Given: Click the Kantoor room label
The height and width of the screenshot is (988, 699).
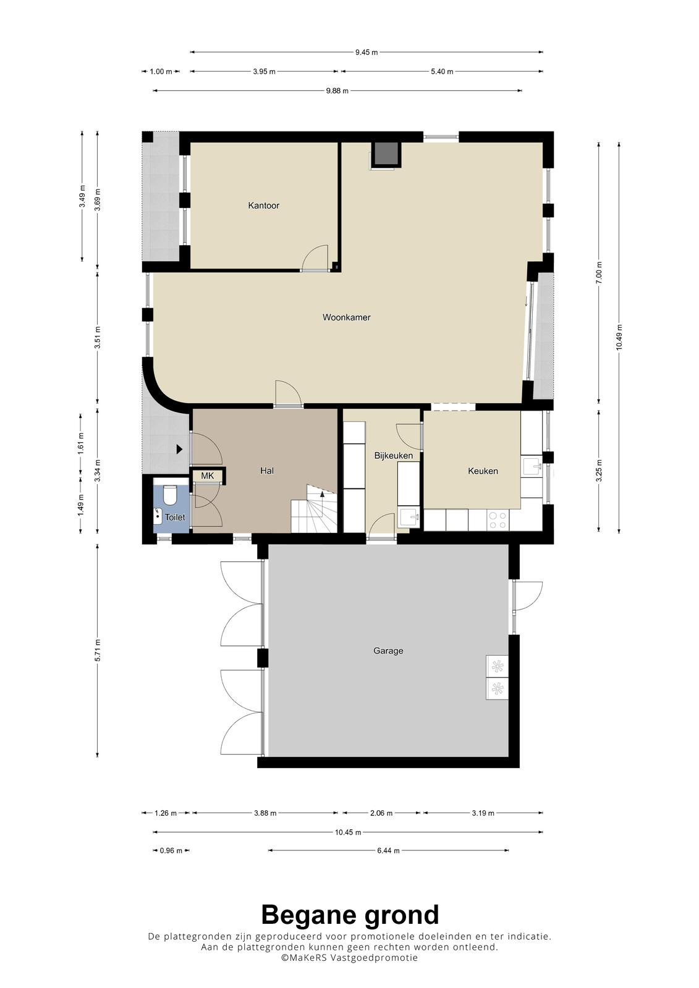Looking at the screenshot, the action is tap(263, 206).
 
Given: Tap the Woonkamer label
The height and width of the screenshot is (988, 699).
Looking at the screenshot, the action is tap(346, 317).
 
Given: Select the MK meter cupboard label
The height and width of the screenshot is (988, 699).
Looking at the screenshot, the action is tap(207, 476).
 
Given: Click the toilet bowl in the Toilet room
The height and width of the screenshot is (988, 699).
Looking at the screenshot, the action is tap(169, 495).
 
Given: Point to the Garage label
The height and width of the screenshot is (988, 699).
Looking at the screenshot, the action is tap(388, 651).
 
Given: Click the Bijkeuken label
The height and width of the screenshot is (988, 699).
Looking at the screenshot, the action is tap(394, 456).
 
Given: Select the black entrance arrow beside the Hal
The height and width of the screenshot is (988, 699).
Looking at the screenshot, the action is tap(179, 450).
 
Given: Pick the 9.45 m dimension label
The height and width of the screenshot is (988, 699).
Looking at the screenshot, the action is tap(366, 52).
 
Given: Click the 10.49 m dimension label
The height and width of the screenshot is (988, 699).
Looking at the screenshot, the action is tap(619, 337).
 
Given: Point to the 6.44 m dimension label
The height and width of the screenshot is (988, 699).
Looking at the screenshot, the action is tap(388, 850).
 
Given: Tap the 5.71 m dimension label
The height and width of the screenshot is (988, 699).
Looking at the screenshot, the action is tap(98, 650).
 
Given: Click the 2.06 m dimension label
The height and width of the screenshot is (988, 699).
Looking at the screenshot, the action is tap(381, 813).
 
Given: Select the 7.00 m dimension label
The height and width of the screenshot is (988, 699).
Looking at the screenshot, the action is tap(599, 273).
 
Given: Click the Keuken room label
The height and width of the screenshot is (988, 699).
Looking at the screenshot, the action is tap(483, 471).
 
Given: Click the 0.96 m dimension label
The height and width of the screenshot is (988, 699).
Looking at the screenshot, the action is tap(171, 850).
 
